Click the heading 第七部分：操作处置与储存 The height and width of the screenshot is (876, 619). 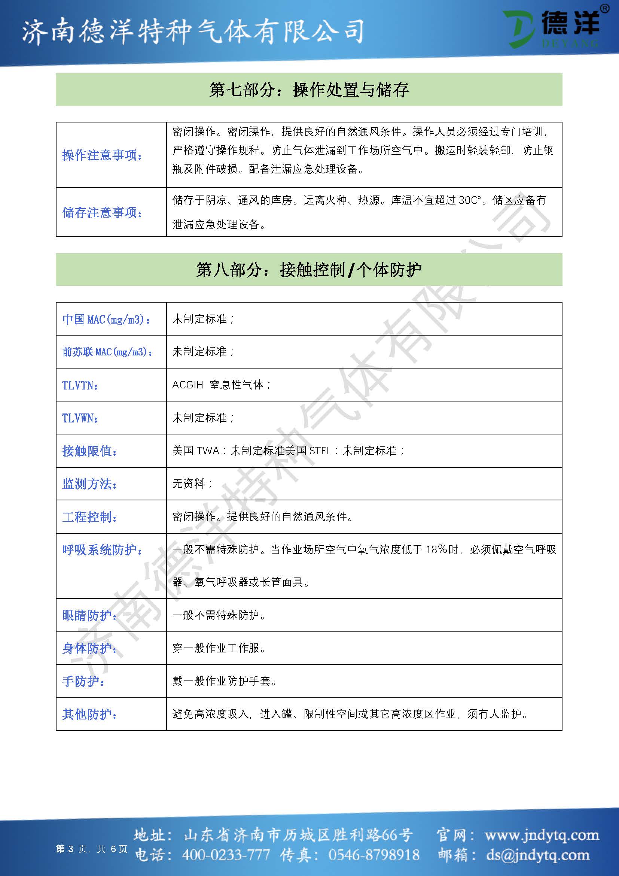click(x=309, y=90)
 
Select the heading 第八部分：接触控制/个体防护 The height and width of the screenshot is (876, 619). click(x=309, y=270)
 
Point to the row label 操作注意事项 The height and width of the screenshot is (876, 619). click(x=102, y=155)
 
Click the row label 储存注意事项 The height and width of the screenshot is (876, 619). click(x=102, y=212)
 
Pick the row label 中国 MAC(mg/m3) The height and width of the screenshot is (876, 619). click(x=106, y=319)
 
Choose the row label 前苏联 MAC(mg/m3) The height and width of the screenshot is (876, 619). click(x=107, y=352)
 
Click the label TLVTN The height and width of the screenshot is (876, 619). click(x=80, y=385)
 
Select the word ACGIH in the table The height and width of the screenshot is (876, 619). click(x=187, y=385)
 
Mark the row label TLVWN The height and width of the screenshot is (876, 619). click(x=80, y=418)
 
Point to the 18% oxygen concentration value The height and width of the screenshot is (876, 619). click(x=436, y=550)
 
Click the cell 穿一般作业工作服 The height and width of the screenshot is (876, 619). click(x=219, y=648)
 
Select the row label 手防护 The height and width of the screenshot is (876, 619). click(x=83, y=681)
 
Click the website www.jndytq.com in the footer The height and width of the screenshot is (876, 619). click(x=542, y=835)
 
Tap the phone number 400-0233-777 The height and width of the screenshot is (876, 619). click(x=226, y=855)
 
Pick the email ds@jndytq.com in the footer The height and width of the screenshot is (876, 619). click(x=537, y=855)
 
